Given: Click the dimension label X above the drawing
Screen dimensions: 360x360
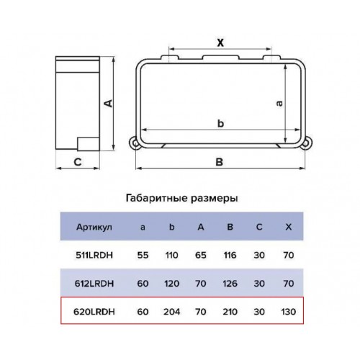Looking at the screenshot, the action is [220, 42].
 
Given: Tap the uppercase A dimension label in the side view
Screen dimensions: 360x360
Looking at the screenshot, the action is [108, 103].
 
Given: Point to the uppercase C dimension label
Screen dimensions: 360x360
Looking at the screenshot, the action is [78, 162].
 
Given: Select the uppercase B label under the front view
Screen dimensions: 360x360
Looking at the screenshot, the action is [220, 162].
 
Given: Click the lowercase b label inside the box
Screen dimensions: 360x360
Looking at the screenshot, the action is [220, 123].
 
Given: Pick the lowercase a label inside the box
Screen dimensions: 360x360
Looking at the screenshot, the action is [279, 103].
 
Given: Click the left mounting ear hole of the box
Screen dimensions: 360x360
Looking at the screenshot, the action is [135, 143].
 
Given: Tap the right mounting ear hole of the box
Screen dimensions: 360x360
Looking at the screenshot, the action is [305, 143].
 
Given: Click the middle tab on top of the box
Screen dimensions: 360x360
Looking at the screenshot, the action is [221, 58].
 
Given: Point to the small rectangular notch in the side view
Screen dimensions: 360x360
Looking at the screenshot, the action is [89, 144].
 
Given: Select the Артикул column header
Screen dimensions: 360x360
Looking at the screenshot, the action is [94, 227].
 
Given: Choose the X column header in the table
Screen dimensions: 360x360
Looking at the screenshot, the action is [288, 227].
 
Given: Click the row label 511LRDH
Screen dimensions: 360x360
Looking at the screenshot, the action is [94, 255].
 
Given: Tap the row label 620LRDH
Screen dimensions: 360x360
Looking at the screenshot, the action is [94, 312].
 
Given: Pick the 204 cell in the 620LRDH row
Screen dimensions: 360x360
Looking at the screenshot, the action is [172, 312].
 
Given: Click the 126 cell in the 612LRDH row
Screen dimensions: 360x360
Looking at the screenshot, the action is [230, 284].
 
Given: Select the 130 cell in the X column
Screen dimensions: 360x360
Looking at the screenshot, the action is [288, 312].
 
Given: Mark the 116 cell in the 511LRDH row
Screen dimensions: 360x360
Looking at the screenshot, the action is [230, 255].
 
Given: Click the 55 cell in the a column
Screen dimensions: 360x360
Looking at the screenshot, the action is [143, 255].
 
